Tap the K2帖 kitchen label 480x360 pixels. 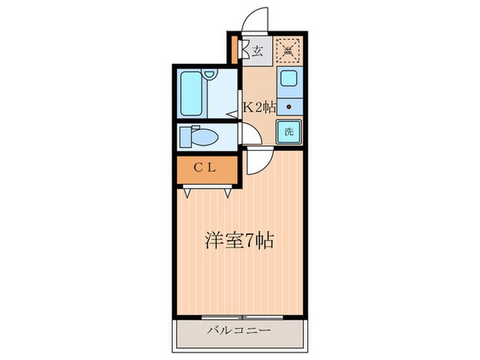coord(260,106)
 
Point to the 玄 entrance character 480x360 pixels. coord(257,51)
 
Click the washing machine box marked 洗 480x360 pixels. coord(289,132)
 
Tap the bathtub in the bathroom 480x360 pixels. coord(192,94)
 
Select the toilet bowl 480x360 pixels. coord(204,138)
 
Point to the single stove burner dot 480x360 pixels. coord(289,106)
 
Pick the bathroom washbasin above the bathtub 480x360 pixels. coord(211,73)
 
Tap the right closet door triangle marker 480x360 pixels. coord(226,193)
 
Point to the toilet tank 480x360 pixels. coord(184,136)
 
